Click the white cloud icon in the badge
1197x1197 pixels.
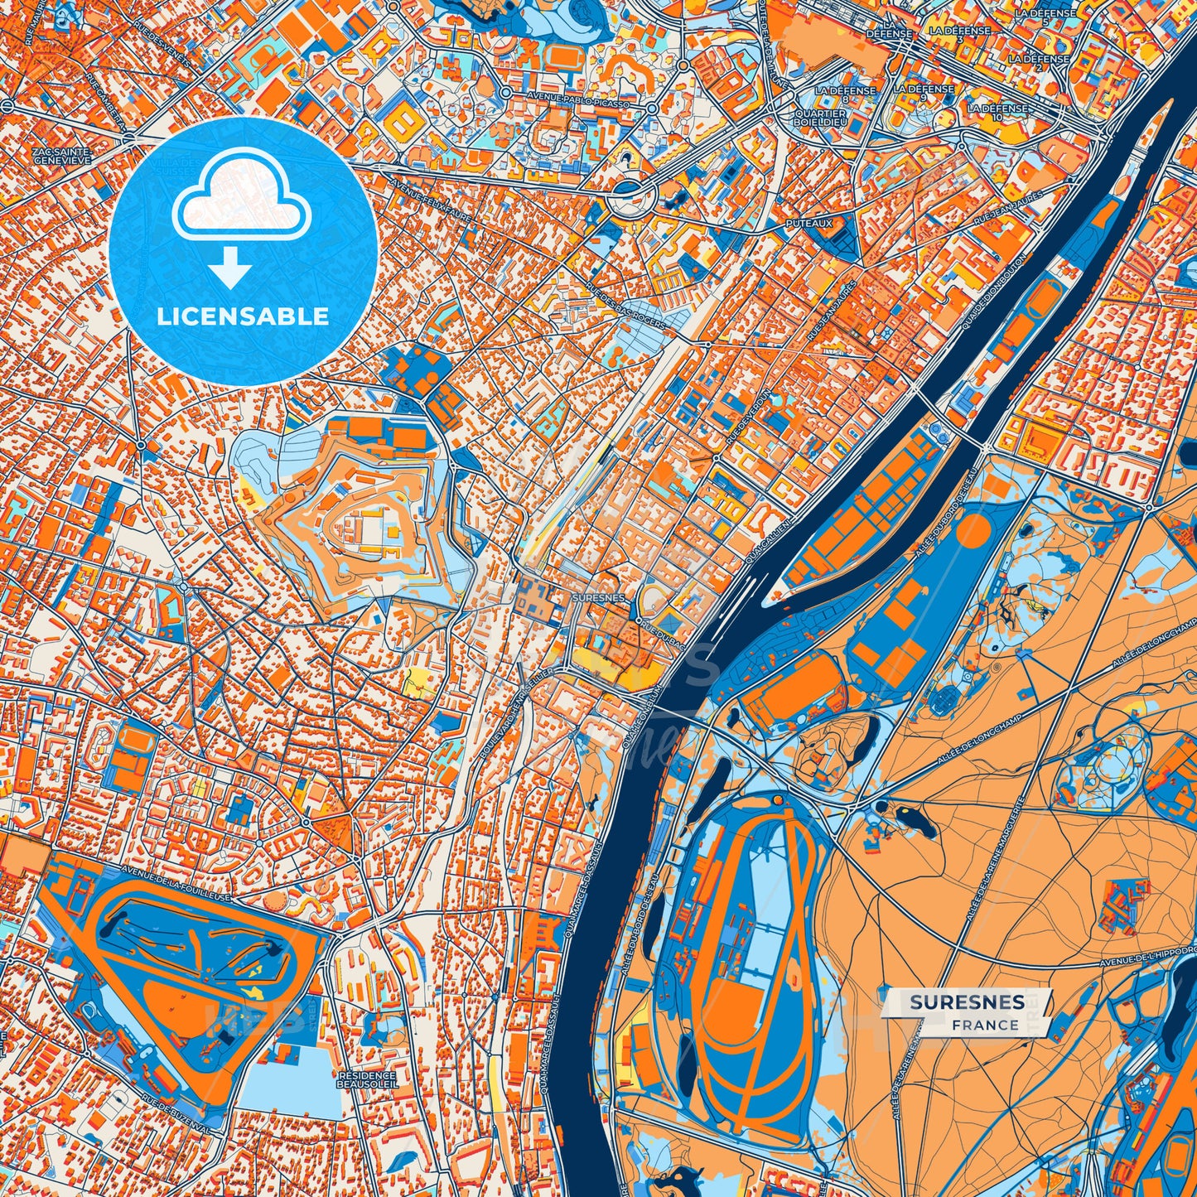241,200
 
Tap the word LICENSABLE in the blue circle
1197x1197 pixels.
243,316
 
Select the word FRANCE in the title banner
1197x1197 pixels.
985,1025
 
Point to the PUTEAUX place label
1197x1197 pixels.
809,223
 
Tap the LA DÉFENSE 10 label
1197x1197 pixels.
997,112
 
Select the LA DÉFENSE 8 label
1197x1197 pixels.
844,94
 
